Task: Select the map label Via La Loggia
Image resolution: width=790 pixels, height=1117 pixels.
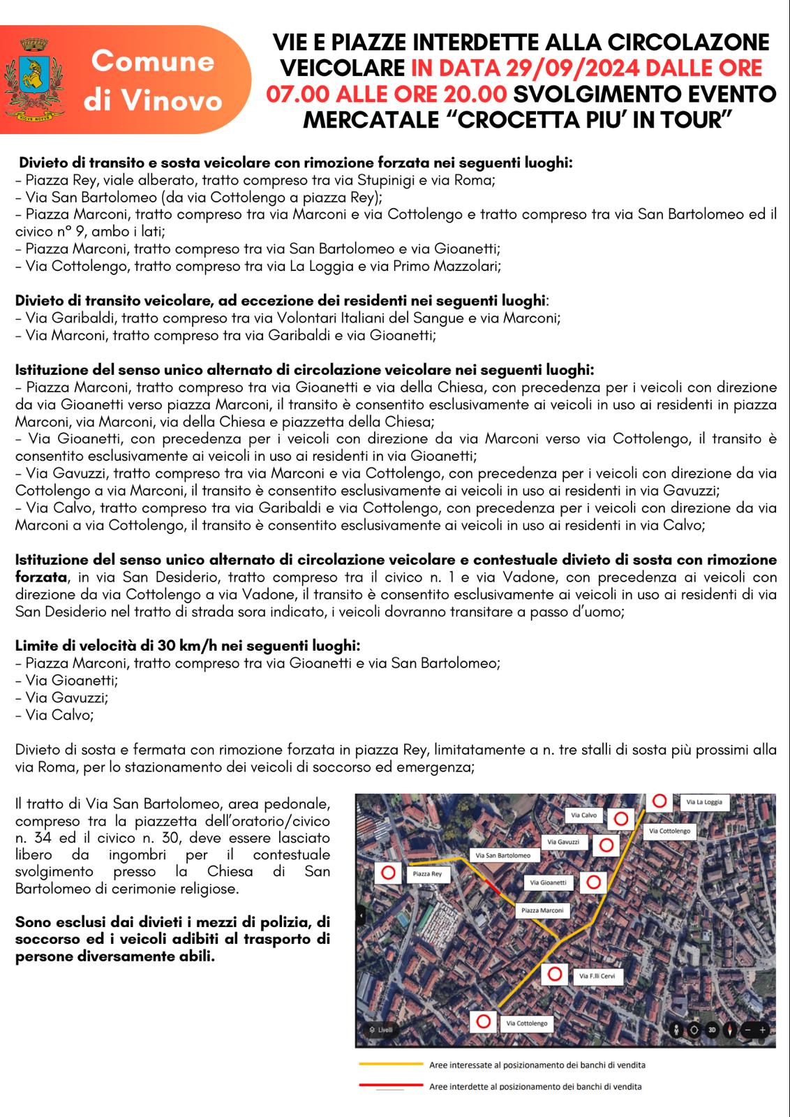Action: coord(704,802)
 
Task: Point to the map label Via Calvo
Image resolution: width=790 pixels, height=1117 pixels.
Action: coord(584,815)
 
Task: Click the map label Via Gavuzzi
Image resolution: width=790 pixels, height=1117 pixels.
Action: coord(563,842)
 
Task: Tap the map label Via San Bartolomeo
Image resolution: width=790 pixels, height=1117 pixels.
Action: coord(503,855)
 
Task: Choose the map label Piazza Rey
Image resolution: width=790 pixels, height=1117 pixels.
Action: coord(427,873)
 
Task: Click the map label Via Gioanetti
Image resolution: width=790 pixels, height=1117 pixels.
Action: coord(549,882)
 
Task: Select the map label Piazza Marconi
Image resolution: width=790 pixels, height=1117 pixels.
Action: coord(542,910)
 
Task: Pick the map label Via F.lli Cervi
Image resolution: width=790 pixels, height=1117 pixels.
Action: coord(597,976)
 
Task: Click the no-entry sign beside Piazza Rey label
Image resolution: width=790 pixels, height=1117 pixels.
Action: coord(389,873)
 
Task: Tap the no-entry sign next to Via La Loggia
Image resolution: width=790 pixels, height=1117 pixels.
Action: coord(659,801)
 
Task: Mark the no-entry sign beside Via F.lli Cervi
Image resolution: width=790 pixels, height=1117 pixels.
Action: coord(555,974)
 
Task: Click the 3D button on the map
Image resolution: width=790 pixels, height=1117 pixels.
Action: coord(712,1029)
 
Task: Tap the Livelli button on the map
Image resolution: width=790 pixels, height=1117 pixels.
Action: coord(381,1030)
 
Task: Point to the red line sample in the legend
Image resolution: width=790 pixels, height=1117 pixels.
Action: coord(391,1086)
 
